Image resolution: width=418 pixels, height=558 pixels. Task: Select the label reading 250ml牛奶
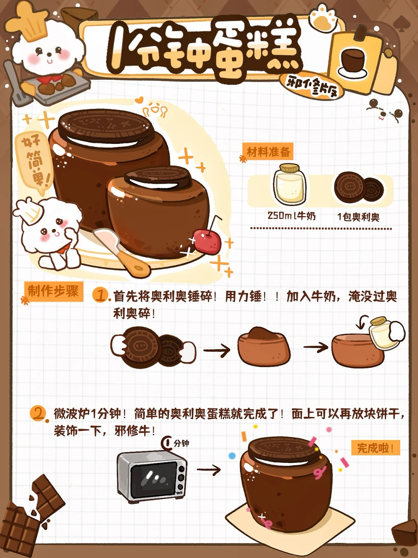click(291, 216)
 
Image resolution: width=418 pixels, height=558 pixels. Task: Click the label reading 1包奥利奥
click(358, 217)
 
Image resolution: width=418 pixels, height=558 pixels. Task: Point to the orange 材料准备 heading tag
click(268, 152)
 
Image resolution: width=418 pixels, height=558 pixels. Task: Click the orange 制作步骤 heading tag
click(53, 292)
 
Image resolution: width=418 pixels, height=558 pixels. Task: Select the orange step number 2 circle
click(38, 414)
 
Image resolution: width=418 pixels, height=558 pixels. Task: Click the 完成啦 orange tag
click(375, 448)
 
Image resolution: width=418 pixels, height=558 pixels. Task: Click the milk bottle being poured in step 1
click(383, 333)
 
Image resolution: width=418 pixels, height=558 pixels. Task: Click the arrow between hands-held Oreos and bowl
click(217, 350)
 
